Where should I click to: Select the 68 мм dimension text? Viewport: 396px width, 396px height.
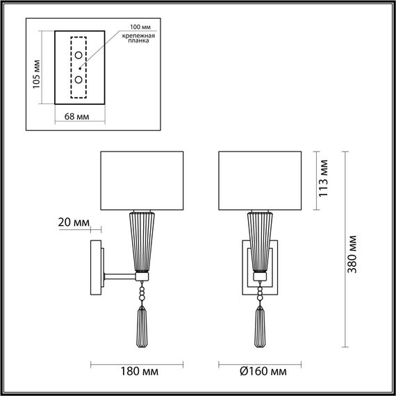pyautogui.click(x=79, y=115)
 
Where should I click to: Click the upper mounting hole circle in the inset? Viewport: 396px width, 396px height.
pyautogui.click(x=79, y=56)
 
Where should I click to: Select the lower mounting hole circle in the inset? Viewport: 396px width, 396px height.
pyautogui.click(x=79, y=79)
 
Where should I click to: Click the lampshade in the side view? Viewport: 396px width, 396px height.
pyautogui.click(x=142, y=179)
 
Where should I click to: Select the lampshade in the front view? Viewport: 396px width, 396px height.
pyautogui.click(x=259, y=179)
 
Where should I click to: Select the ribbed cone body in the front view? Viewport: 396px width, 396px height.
pyautogui.click(x=259, y=241)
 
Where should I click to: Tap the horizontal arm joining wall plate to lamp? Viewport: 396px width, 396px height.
pyautogui.click(x=119, y=277)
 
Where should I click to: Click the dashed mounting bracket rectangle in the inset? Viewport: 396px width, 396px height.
pyautogui.click(x=79, y=67)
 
